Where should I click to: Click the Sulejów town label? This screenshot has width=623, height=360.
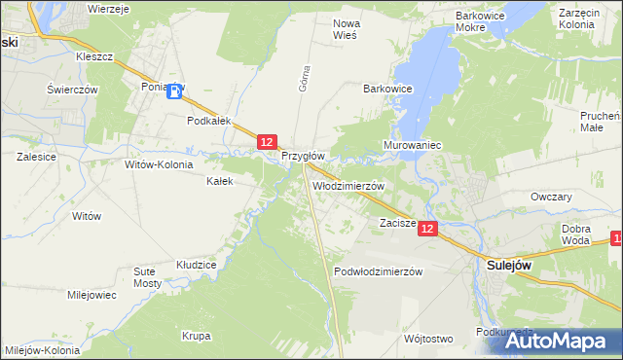508,264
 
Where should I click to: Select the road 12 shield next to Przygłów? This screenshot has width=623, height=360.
270,142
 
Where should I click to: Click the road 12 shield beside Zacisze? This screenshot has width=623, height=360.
429,227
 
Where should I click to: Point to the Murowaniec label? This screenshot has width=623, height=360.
413,145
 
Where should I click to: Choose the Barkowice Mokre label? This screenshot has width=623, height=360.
484,22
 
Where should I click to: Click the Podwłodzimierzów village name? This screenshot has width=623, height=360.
378,272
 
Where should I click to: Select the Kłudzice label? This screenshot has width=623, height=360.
196,264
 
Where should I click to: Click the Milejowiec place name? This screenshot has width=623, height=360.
92,295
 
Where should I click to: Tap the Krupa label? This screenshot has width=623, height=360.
196,337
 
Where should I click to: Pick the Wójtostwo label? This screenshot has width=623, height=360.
427,339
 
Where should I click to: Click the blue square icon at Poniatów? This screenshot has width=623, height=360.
175,92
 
